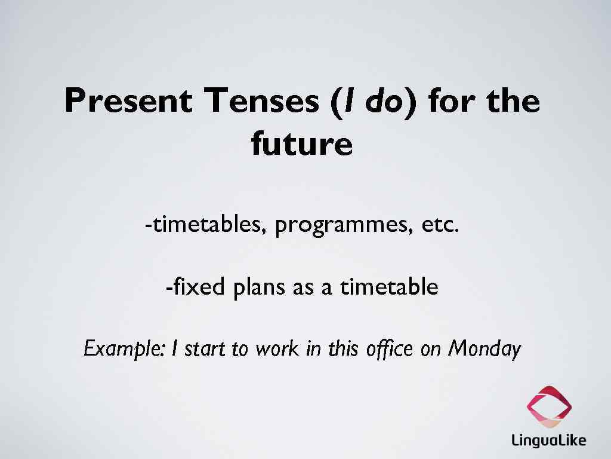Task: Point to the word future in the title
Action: click(x=302, y=144)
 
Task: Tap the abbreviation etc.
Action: click(x=440, y=225)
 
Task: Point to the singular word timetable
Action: click(x=389, y=287)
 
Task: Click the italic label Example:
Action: click(x=124, y=348)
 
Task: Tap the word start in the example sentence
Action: click(x=205, y=348)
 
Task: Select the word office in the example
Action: click(x=388, y=348)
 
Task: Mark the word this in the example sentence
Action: click(x=341, y=348)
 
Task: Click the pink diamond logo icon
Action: click(x=549, y=407)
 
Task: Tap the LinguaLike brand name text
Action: click(x=549, y=441)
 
